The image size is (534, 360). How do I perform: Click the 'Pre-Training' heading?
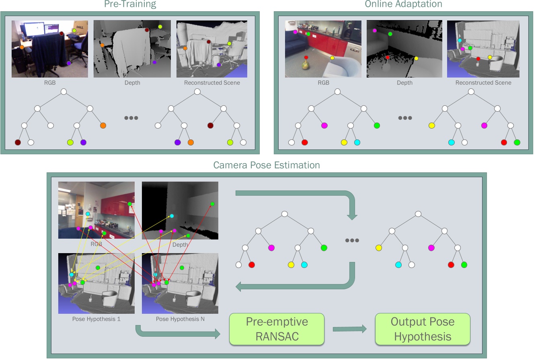(130, 4)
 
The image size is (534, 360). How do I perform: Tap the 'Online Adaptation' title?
(403, 4)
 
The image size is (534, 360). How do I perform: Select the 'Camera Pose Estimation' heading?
(267, 165)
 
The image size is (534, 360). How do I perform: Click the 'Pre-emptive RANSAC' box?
(277, 329)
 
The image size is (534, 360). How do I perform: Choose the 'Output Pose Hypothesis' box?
(423, 329)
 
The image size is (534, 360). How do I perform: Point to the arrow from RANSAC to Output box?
(349, 329)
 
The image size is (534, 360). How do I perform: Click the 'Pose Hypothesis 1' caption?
(96, 319)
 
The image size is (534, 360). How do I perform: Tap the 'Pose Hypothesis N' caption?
(180, 319)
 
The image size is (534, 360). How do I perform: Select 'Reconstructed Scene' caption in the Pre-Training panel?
(212, 83)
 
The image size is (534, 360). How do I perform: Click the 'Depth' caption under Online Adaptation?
(405, 83)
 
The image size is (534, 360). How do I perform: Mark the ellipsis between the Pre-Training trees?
(131, 118)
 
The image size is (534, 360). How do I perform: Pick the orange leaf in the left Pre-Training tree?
(103, 125)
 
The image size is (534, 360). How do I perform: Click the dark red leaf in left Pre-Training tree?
(18, 142)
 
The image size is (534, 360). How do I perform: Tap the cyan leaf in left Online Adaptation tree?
(357, 142)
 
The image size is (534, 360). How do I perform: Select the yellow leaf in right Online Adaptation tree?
(431, 125)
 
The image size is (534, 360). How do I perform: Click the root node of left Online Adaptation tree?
(337, 92)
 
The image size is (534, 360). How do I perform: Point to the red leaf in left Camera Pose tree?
(252, 265)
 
